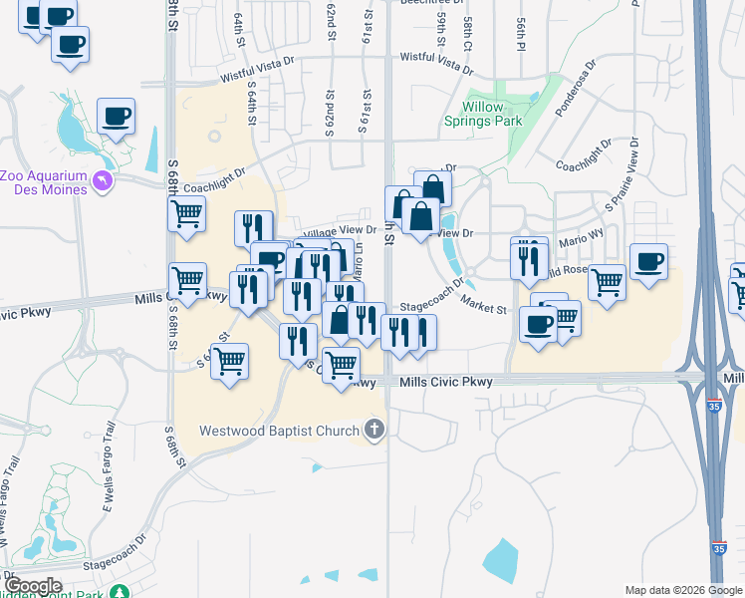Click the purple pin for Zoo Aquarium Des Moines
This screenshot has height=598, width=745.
102,179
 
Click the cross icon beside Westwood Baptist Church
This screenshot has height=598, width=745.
374,431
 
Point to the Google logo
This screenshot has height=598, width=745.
32,586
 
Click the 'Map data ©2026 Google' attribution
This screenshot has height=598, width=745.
682,590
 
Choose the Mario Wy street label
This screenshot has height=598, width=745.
582,238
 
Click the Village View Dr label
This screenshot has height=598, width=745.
340,229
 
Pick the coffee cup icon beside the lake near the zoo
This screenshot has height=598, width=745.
116,117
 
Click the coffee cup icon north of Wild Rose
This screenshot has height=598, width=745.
648,261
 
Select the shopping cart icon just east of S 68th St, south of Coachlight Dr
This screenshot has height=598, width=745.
186,214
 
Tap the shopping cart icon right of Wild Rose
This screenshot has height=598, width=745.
607,282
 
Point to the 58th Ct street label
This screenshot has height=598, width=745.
467,32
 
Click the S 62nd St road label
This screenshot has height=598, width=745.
327,118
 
